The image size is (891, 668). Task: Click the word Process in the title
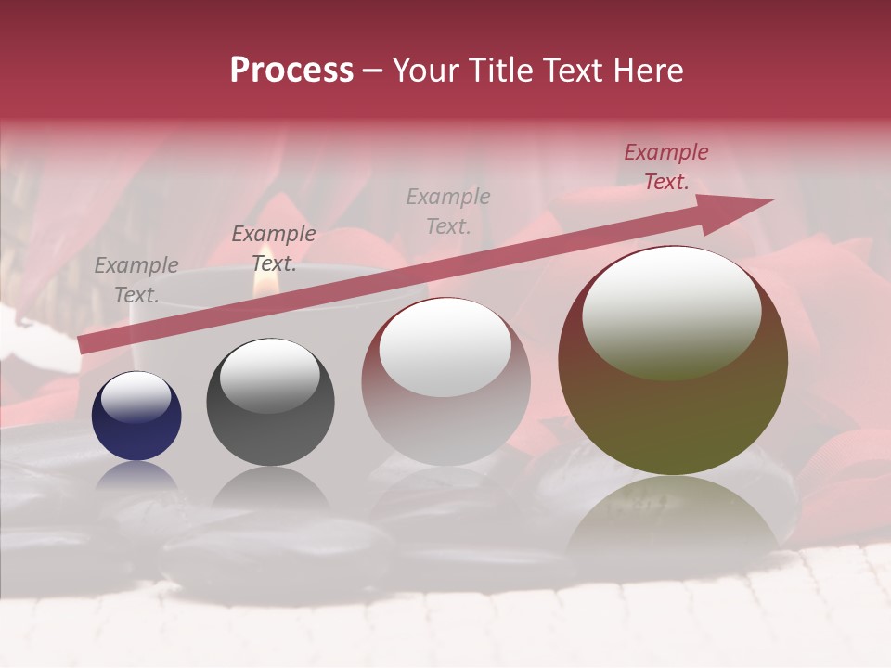pos(291,71)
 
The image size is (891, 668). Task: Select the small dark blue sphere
pos(136,416)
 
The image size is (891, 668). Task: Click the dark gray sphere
pos(270,402)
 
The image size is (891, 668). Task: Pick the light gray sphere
pos(445,382)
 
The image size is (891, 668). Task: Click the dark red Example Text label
pos(665,167)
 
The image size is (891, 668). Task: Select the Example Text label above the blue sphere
pos(136,279)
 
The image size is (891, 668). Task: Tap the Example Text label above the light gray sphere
pos(448,211)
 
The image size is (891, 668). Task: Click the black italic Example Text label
pos(274,248)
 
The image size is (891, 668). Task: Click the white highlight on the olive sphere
pos(671,312)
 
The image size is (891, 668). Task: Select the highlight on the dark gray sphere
pos(269,376)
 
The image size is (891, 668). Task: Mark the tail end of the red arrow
pos(84,344)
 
